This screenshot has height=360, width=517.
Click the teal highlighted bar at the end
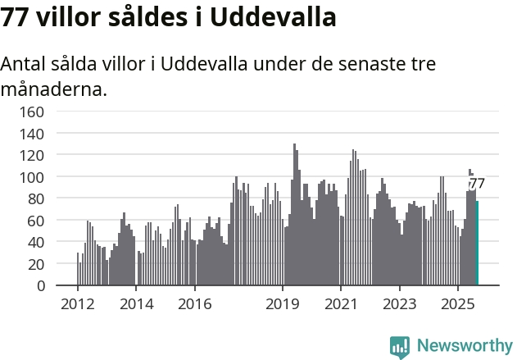pyautogui.click(x=477, y=244)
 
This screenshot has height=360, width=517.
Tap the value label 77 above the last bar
pyautogui.click(x=477, y=184)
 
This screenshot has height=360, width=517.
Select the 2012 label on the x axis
pyautogui.click(x=78, y=304)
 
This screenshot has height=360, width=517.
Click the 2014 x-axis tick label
pyautogui.click(x=136, y=304)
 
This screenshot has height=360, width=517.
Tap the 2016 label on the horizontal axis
pyautogui.click(x=194, y=304)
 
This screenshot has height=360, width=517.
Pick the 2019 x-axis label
pyautogui.click(x=282, y=304)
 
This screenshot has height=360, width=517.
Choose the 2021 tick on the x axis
pyautogui.click(x=340, y=304)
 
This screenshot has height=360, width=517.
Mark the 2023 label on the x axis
pyautogui.click(x=398, y=304)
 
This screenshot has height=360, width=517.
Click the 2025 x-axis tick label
pyautogui.click(x=456, y=304)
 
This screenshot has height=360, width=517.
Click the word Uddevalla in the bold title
pyautogui.click(x=273, y=18)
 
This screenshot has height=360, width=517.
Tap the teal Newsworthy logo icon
pyautogui.click(x=400, y=346)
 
